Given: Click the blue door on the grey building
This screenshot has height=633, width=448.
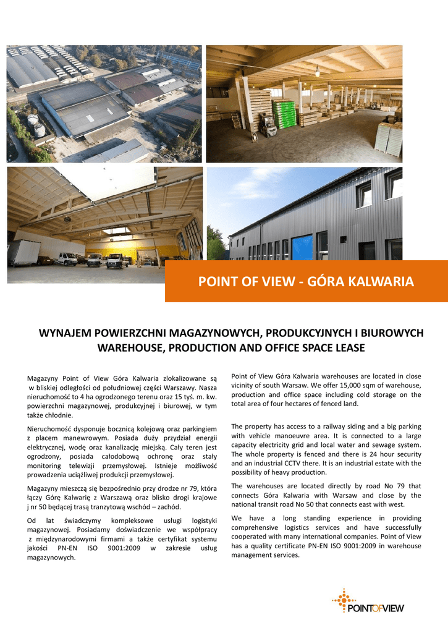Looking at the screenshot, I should click(x=302, y=247).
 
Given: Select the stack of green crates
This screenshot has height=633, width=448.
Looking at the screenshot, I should click(x=284, y=114).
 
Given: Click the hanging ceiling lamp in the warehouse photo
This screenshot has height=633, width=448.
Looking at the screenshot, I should click(x=318, y=71).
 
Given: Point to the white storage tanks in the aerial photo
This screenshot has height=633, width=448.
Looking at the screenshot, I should click(x=35, y=125).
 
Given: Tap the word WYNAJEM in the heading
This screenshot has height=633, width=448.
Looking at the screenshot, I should click(x=65, y=333).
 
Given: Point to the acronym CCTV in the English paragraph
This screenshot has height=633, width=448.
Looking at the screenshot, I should click(x=304, y=463).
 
